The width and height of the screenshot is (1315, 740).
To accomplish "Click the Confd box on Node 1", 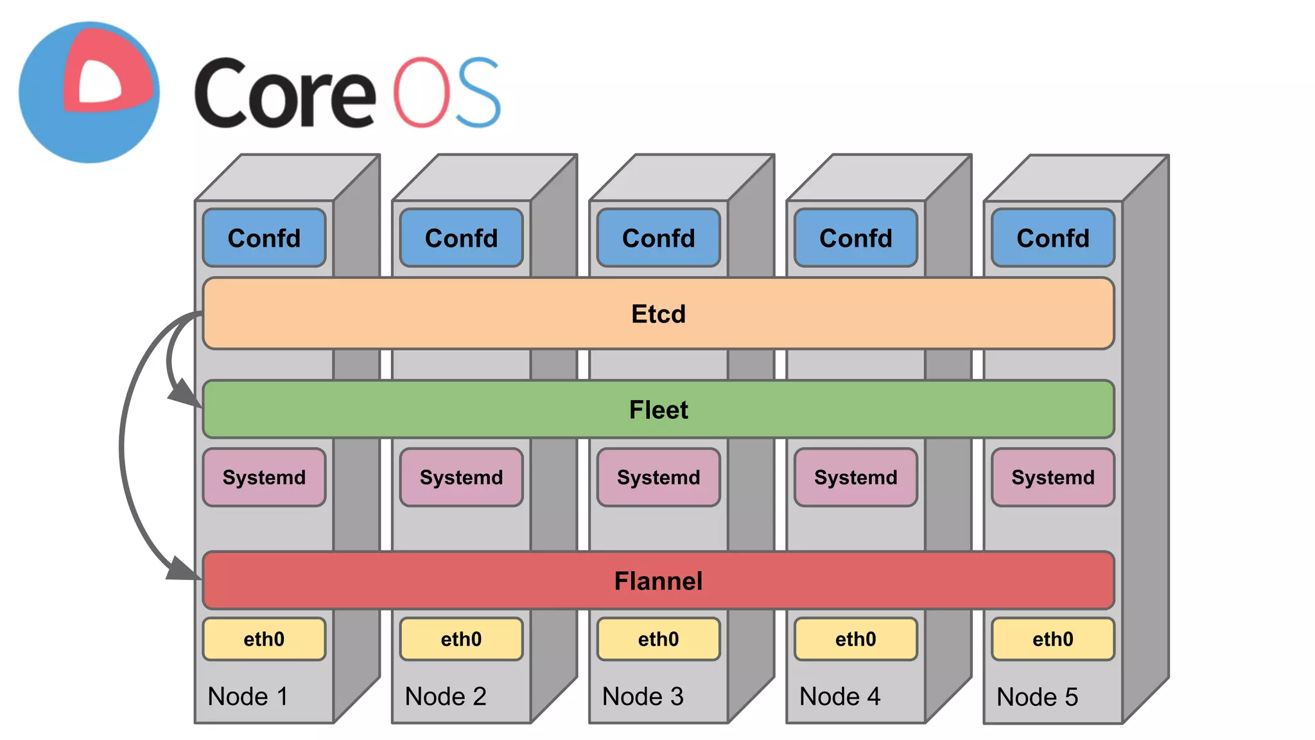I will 264,238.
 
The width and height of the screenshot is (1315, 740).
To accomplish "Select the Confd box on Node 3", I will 658,238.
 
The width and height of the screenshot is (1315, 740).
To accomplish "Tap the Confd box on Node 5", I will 1052,238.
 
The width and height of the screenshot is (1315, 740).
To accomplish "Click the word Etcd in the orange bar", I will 658,314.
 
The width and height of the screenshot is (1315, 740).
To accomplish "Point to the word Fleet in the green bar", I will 658,410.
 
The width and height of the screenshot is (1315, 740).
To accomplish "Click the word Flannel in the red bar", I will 658,581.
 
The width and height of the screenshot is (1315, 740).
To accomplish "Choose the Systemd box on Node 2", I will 461,477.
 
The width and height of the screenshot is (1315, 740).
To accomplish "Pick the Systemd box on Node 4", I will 855,477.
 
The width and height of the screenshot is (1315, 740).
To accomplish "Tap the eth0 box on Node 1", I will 264,639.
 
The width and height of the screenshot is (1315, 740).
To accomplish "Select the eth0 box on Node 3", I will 658,639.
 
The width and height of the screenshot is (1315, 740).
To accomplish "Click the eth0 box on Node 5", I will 1052,639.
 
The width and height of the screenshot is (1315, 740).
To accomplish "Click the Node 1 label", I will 248,696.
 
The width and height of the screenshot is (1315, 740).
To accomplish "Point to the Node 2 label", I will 446,696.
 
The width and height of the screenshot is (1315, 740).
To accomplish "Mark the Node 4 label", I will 840,696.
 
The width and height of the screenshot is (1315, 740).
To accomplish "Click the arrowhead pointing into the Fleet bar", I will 184,394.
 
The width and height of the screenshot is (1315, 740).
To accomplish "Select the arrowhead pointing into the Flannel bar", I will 183,568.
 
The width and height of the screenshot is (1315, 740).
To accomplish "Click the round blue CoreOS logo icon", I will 89,92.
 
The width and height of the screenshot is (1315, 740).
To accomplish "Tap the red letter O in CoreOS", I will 421,92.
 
